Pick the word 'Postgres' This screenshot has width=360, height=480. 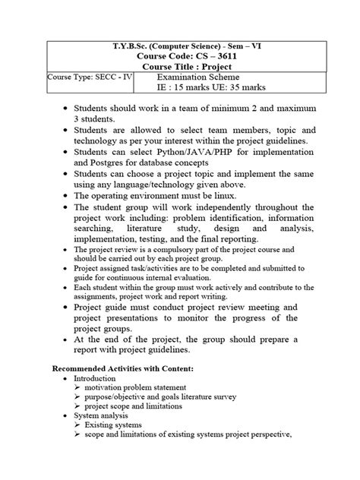113,163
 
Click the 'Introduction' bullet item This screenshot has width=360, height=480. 95,377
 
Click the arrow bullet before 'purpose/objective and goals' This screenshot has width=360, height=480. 78,397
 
